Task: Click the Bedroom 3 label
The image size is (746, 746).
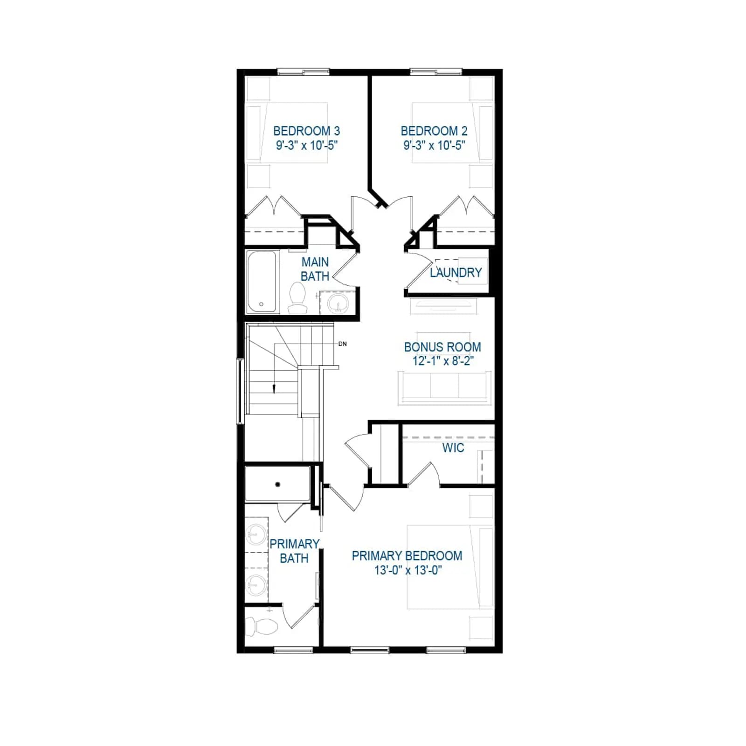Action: click(x=306, y=131)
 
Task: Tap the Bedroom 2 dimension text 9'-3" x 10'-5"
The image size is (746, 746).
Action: click(x=434, y=145)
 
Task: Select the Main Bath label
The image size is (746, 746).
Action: click(x=315, y=269)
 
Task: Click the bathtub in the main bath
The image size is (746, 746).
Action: click(x=262, y=282)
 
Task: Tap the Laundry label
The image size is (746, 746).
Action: click(x=456, y=273)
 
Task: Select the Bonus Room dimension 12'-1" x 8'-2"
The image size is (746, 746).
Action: click(x=443, y=361)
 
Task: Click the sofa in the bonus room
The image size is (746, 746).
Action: click(x=444, y=387)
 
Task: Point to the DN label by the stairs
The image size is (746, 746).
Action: click(x=343, y=344)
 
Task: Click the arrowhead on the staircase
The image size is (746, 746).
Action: click(x=274, y=389)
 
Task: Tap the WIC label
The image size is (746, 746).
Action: click(x=453, y=448)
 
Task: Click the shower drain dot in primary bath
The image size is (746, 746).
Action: click(x=278, y=484)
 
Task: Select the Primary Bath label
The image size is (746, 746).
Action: click(x=294, y=551)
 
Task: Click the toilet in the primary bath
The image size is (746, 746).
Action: click(x=261, y=626)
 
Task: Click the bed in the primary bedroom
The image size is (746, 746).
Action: click(x=450, y=567)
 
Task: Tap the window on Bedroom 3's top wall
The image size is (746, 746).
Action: click(x=304, y=72)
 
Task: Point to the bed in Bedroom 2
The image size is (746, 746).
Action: click(x=453, y=133)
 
